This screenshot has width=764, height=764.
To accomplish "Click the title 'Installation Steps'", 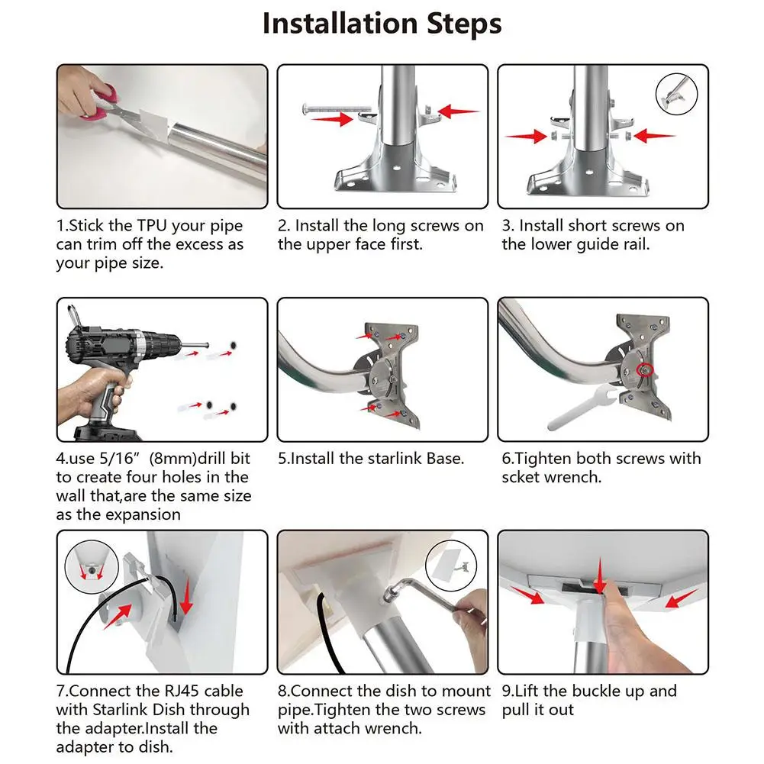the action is pyautogui.click(x=382, y=24).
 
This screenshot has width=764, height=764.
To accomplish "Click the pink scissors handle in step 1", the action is pyautogui.click(x=103, y=102).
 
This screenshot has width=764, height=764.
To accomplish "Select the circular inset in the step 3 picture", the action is pyautogui.click(x=676, y=94).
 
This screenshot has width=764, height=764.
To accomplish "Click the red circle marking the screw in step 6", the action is pyautogui.click(x=646, y=370).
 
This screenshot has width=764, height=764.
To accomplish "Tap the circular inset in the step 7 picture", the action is pyautogui.click(x=92, y=566).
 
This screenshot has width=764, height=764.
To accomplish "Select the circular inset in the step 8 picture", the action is pyautogui.click(x=451, y=566).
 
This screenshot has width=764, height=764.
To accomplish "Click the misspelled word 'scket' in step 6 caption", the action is pyautogui.click(x=521, y=477).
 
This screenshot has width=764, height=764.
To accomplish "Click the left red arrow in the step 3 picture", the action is pyautogui.click(x=526, y=137).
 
